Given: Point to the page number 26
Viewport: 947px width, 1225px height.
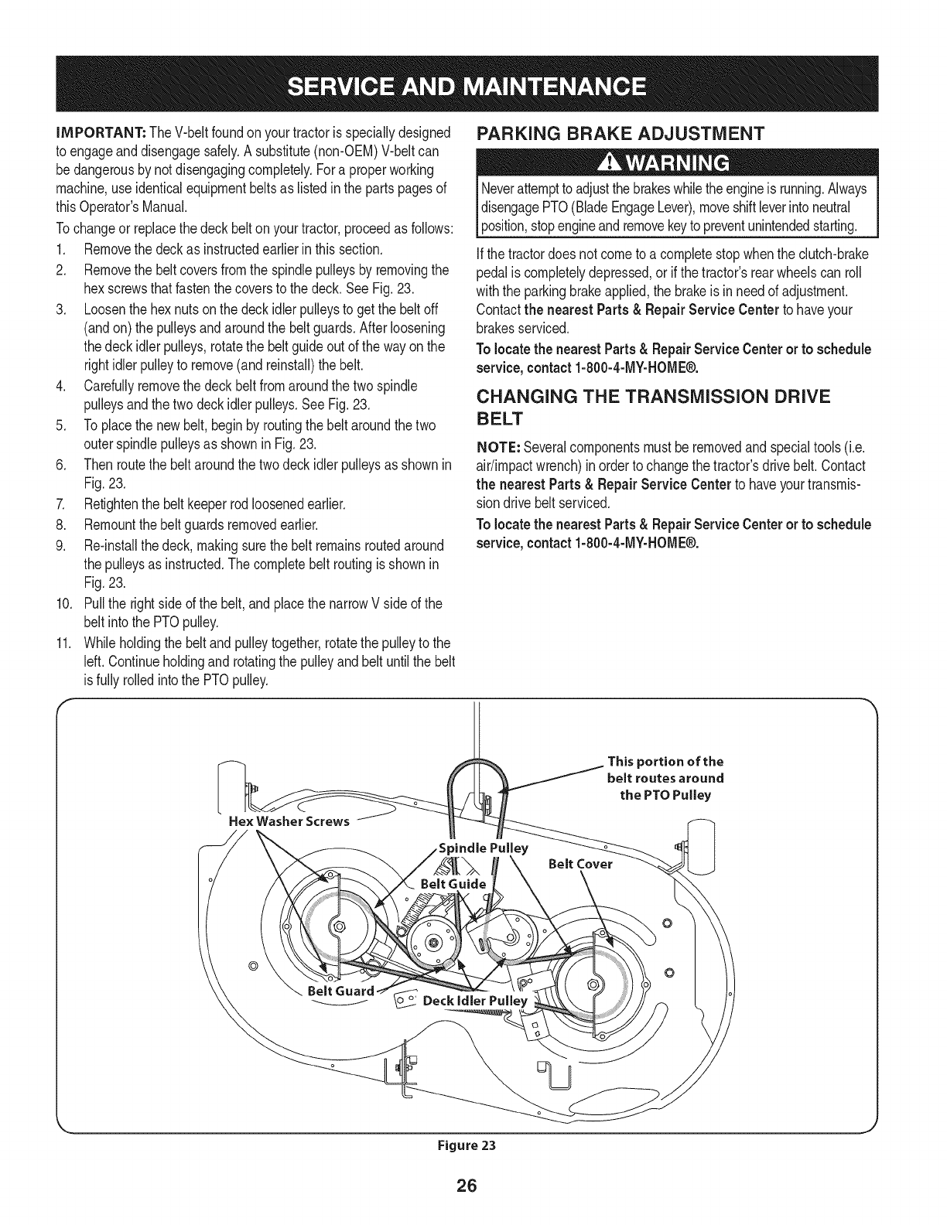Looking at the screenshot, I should pos(473,1186).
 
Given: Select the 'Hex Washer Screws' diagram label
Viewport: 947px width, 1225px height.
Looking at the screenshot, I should pos(289,821).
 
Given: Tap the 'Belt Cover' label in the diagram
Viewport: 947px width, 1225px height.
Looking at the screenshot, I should pos(579,864).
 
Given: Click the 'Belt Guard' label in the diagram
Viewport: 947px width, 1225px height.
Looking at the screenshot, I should pos(341,991).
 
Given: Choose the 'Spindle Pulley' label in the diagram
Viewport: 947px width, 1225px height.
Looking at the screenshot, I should pos(484,848).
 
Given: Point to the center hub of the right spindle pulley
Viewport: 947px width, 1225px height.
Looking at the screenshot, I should pos(594,985).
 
